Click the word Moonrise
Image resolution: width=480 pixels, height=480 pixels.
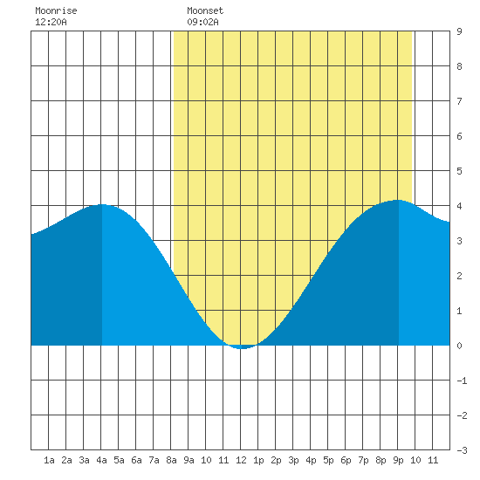56,10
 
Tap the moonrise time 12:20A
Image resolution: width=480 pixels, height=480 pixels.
51,22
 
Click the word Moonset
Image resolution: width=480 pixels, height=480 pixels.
205,10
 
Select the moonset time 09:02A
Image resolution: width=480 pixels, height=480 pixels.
202,22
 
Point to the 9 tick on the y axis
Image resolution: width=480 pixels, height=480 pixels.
459,31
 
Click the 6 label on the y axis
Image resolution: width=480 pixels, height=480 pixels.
459,136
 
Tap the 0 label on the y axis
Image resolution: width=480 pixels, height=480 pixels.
459,346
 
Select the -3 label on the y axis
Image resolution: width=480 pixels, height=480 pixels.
462,450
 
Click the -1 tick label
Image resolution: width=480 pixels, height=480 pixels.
462,381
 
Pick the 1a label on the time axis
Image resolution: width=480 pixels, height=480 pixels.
49,460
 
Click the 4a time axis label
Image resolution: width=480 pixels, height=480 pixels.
101,460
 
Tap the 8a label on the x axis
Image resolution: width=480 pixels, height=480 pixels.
171,460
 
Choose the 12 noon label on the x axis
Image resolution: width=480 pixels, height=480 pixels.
241,460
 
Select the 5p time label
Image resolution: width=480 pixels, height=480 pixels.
328,460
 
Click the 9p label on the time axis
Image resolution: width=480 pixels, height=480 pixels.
398,460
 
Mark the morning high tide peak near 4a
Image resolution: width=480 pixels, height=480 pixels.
102,204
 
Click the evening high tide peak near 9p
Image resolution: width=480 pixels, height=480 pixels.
398,200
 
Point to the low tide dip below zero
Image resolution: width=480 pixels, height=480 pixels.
242,348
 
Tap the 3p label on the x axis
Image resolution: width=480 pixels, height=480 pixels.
293,460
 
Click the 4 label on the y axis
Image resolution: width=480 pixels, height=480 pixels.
459,206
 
